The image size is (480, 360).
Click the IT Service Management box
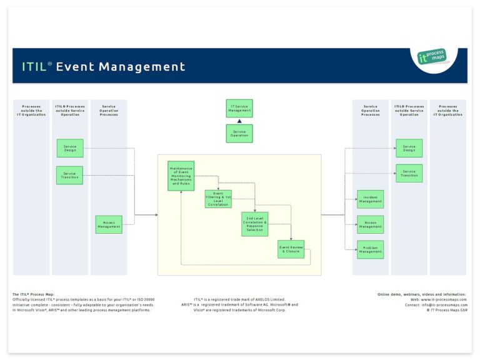coord(239,108)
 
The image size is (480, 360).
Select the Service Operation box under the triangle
coord(239,133)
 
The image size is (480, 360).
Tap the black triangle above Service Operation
coord(239,121)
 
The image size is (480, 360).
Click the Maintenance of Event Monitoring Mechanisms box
coord(181,176)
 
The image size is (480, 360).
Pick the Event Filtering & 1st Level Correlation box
coord(218,199)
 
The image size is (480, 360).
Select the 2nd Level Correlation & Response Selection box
coord(255,224)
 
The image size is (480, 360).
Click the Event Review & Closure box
coord(291,249)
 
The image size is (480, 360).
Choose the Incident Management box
coord(370,199)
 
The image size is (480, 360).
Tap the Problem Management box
coord(370,249)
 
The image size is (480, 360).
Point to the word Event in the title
coord(76,67)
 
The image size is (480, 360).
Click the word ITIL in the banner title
coord(35,67)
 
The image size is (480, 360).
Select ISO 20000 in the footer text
coord(144,299)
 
